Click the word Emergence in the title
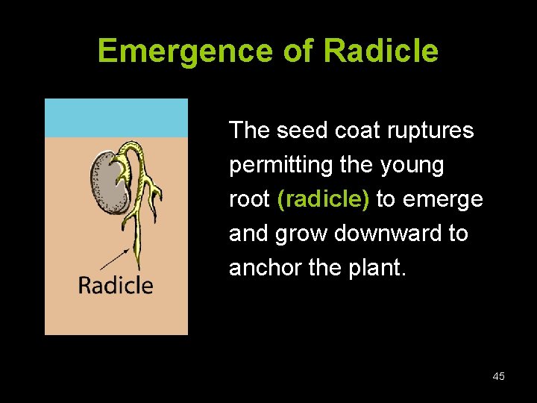186,51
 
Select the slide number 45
498,376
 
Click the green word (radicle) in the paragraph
323,199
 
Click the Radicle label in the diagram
116,285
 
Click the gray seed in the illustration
108,183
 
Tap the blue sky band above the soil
116,118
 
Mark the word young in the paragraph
412,165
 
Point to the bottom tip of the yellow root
136,267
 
